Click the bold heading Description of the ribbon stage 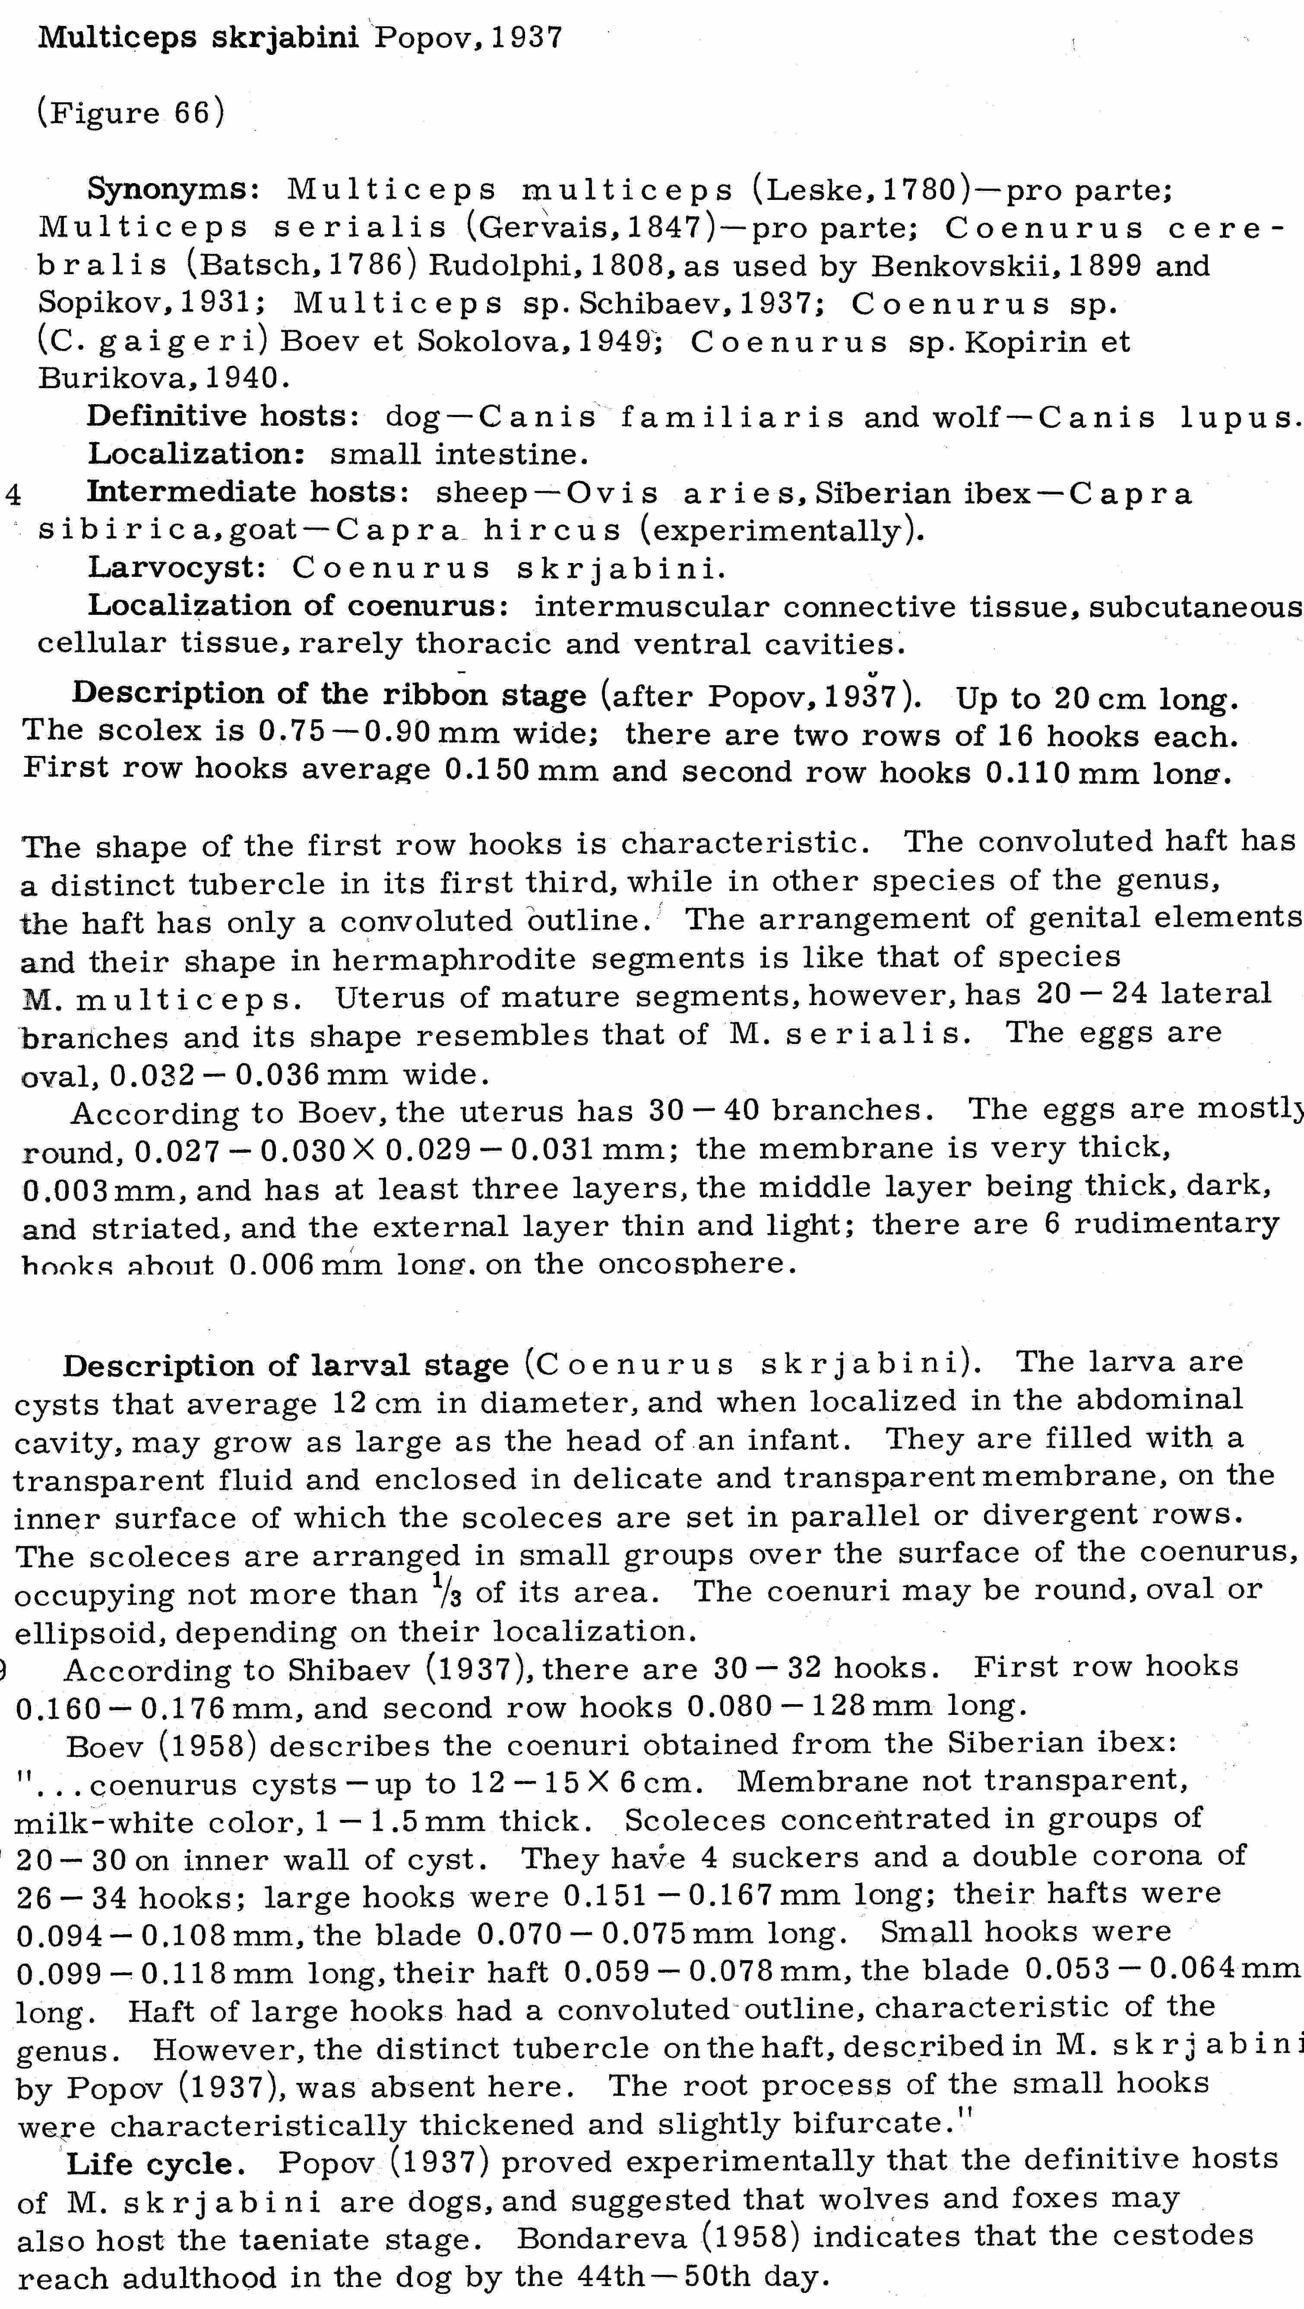pos(329,695)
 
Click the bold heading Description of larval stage pos(285,1366)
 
